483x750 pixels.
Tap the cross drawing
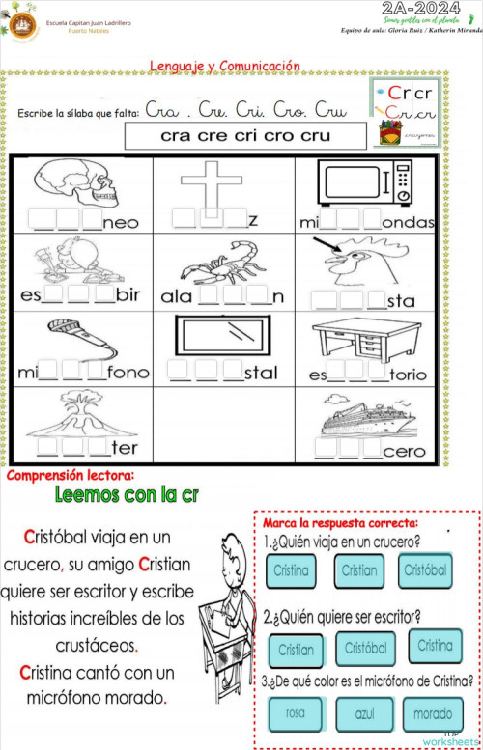click(x=210, y=184)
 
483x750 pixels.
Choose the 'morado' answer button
click(x=433, y=714)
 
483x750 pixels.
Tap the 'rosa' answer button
click(x=296, y=714)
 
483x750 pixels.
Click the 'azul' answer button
click(x=364, y=714)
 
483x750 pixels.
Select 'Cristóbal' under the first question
click(x=424, y=570)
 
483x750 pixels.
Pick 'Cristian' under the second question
click(x=296, y=650)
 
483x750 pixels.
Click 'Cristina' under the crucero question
click(x=291, y=570)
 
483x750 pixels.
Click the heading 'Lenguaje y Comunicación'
click(x=225, y=66)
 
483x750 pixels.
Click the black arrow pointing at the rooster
click(x=332, y=250)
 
